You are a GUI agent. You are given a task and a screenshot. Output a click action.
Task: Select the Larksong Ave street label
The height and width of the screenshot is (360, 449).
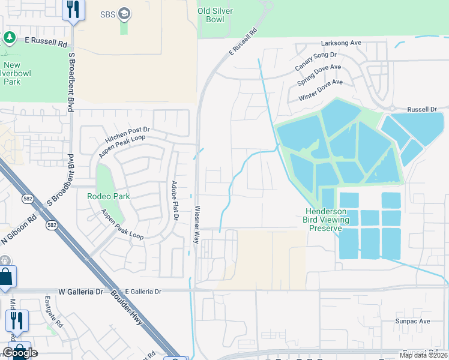pyautogui.click(x=342, y=43)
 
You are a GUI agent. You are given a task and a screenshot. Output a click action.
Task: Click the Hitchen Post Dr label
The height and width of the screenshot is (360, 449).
pyautogui.click(x=127, y=134)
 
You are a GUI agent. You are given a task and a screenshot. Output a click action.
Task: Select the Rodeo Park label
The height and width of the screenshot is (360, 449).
pyautogui.click(x=108, y=196)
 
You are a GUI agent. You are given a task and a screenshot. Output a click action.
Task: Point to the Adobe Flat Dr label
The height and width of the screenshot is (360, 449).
pyautogui.click(x=174, y=202)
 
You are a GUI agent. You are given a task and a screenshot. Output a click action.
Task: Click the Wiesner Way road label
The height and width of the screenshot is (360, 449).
pyautogui.click(x=196, y=224)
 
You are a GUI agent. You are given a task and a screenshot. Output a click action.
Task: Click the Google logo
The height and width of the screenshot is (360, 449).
pyautogui.click(x=19, y=353)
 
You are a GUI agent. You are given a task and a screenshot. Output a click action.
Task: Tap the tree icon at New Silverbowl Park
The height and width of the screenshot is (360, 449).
pyautogui.click(x=9, y=38)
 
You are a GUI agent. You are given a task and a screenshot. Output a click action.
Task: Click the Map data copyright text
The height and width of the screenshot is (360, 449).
pyautogui.click(x=424, y=355)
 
